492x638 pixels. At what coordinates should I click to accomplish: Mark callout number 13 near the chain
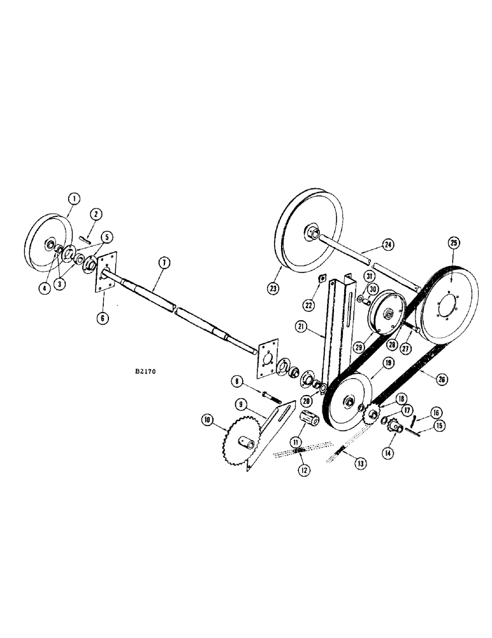point(361,463)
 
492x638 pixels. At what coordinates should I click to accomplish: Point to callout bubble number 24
point(388,244)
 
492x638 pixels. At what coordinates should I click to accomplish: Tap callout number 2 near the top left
point(96,212)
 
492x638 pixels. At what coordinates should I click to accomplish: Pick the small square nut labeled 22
point(324,278)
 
